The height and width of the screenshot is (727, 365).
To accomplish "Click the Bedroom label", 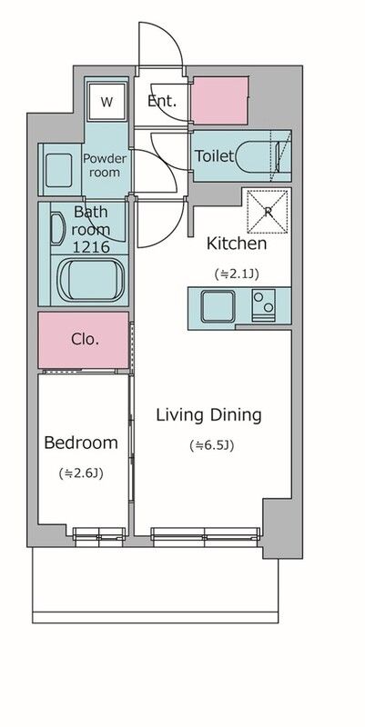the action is [x=81, y=443].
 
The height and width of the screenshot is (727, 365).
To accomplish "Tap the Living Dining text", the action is [x=208, y=415].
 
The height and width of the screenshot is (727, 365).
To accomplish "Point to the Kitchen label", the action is [x=237, y=244].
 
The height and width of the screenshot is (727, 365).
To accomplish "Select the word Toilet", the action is [x=214, y=155].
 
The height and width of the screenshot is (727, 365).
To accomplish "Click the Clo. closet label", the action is [x=86, y=339].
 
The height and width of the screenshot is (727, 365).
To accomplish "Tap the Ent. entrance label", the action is [x=162, y=101].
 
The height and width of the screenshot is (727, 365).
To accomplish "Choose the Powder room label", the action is [x=105, y=165].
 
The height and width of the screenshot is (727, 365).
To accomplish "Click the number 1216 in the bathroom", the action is [x=92, y=246].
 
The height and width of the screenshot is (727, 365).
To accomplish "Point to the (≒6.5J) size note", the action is [x=211, y=445].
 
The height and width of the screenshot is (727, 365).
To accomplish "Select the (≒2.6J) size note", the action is [x=81, y=473].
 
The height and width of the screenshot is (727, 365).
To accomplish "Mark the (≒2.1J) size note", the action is [x=237, y=274].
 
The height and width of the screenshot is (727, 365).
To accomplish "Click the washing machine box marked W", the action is [x=106, y=103].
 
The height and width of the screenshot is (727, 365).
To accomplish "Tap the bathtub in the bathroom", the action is [x=91, y=280].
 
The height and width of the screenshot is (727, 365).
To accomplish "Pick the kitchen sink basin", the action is [x=218, y=305].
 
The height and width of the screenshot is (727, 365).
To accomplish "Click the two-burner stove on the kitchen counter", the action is [x=263, y=304].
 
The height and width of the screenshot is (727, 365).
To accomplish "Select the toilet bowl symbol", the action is [x=258, y=155].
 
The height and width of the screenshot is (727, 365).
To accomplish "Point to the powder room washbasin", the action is [x=58, y=170].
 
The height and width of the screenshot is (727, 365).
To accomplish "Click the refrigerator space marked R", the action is [x=267, y=212].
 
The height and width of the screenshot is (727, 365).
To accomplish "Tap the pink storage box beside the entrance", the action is [x=220, y=101].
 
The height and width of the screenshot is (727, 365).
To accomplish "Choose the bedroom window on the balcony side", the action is [x=99, y=536].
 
